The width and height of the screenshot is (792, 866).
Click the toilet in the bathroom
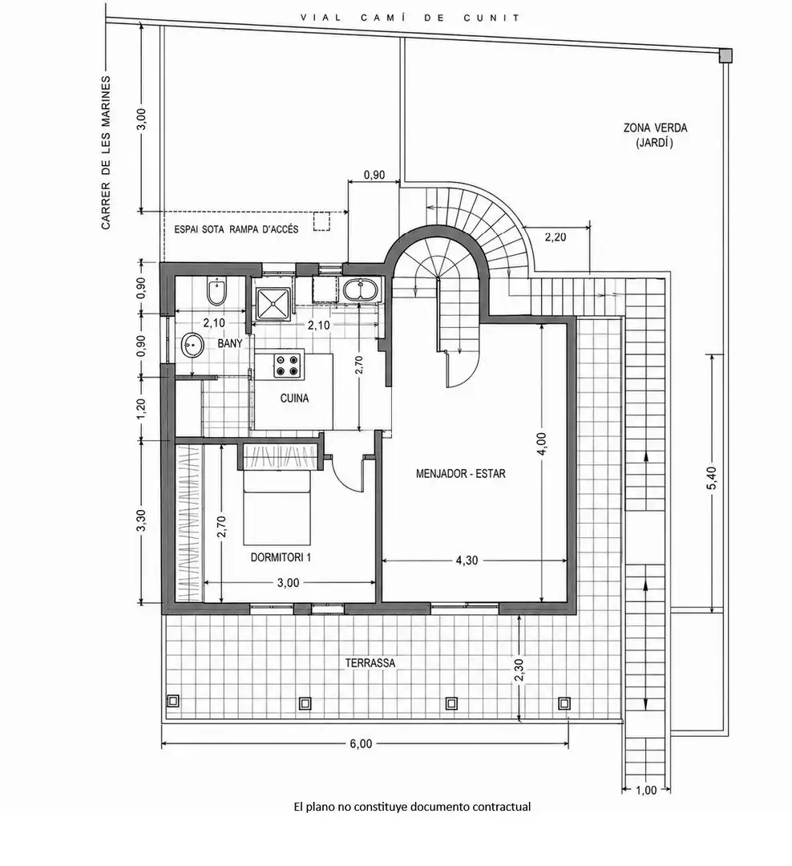coord(215,293)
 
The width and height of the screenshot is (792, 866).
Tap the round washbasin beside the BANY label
coord(192,346)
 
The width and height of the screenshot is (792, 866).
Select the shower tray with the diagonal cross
coord(273,302)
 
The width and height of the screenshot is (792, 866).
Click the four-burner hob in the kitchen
coord(289,365)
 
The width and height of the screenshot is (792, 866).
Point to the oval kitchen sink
coord(361,289)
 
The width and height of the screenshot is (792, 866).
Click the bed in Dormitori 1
coord(277,508)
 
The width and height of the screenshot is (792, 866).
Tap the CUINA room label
coord(294,399)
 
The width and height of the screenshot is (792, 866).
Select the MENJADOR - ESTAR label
coord(461,473)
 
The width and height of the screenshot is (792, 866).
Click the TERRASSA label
coord(370,663)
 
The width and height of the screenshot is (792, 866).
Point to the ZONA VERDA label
coord(655,127)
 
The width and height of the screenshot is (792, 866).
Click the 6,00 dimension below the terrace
coord(361,744)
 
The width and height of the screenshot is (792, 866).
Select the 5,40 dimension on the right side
coord(713,478)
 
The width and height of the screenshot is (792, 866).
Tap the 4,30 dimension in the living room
coord(467,560)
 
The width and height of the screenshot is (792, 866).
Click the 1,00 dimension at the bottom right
coord(646,791)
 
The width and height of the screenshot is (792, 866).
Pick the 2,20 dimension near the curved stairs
coord(556,237)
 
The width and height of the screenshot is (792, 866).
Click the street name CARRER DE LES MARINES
coord(106,153)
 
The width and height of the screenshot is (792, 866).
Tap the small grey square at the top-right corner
coord(725,55)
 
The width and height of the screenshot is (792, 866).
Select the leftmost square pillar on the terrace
coord(173,701)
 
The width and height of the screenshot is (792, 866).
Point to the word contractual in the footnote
coord(502,807)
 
